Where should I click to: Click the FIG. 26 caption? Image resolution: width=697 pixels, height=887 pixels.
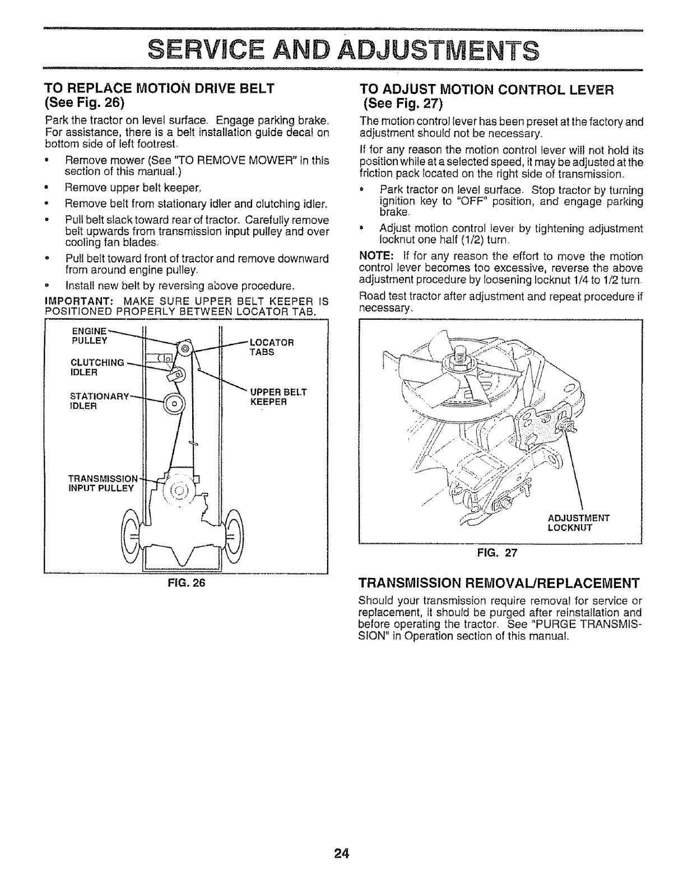point(185,582)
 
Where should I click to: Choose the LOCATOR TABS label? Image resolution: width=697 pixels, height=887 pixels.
point(271,347)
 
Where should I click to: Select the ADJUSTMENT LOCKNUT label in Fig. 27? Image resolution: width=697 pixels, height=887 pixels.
point(578,522)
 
